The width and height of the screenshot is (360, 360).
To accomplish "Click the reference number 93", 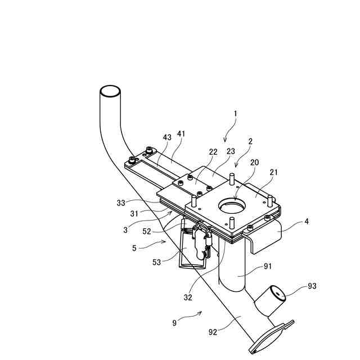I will coord(312,286).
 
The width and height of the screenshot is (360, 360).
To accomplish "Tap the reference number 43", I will coord(167,138).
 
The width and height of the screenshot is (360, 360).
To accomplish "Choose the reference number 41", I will coord(181,134).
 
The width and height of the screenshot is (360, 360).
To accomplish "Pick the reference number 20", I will coord(255,162).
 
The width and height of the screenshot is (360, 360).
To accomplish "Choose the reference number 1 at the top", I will coord(235,113).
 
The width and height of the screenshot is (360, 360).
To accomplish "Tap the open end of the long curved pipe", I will coord(110,91).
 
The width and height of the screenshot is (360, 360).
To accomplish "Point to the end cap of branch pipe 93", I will coord(276,292).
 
